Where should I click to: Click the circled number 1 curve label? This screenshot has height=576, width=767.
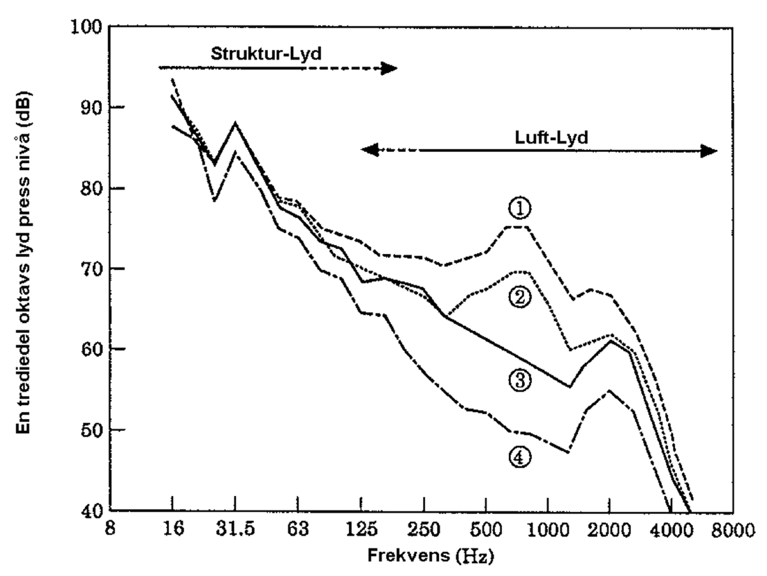(520, 208)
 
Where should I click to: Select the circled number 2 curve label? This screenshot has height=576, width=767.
(520, 297)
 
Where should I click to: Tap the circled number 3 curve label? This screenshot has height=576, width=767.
(520, 381)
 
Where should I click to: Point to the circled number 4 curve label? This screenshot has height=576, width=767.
(520, 456)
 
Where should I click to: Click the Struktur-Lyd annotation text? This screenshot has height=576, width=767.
(266, 53)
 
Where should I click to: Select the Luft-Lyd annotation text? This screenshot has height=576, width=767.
(551, 138)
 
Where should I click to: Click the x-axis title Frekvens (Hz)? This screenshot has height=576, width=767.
(430, 556)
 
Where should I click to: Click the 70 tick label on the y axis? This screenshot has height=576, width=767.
(92, 268)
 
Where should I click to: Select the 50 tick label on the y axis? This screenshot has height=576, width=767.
(92, 430)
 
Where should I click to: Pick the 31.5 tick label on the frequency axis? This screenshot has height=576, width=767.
(235, 530)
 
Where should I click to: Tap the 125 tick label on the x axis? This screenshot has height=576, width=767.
(361, 530)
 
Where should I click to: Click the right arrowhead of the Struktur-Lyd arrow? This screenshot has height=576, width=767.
(390, 68)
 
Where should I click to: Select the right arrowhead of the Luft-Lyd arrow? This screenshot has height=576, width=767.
(709, 151)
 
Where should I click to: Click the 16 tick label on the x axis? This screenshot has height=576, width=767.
(172, 530)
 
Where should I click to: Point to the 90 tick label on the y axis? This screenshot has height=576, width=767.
(92, 107)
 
